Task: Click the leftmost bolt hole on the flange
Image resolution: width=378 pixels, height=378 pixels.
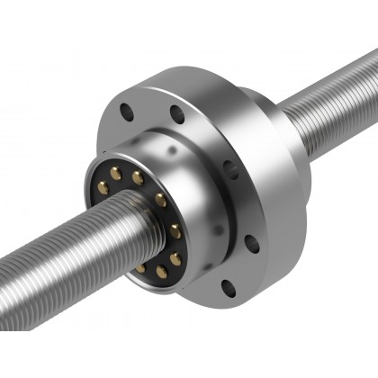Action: point(127,112)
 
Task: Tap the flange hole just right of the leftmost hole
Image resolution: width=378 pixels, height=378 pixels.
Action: point(177,114)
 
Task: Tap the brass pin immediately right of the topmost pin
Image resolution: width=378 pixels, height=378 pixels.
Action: point(138,178)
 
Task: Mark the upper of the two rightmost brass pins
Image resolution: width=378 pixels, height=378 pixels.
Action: point(175,231)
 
